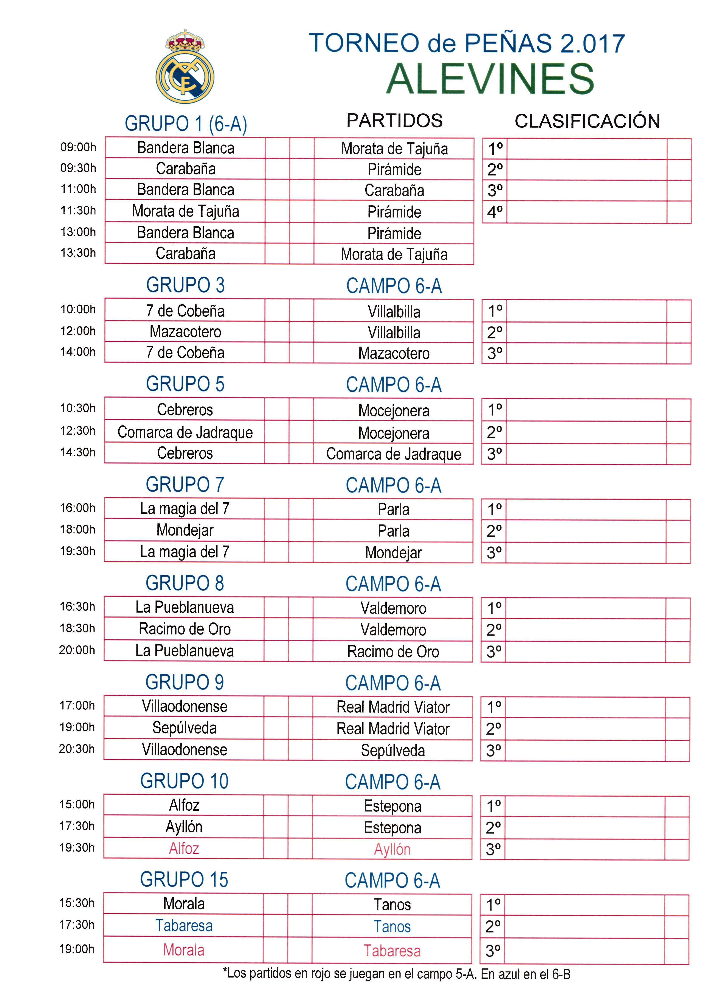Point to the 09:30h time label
coord(78,168)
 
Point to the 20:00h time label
coord(77,650)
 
